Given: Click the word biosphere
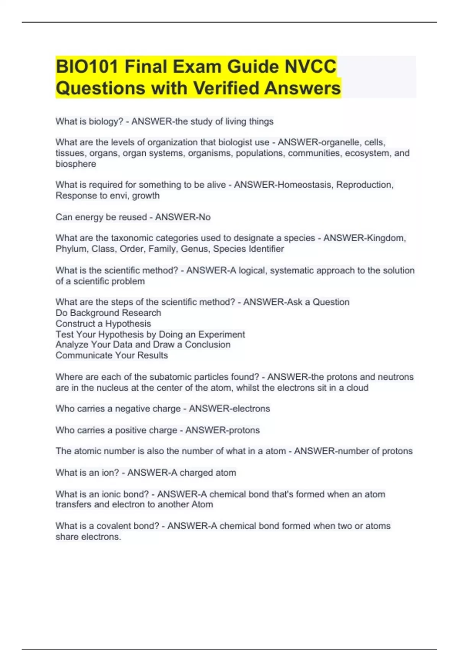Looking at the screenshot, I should pos(76,164).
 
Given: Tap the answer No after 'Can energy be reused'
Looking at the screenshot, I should pos(205,217).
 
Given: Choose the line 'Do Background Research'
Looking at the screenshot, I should pos(108,313).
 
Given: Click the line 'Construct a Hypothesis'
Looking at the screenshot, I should pos(103,323).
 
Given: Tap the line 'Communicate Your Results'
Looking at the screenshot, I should pos(112,355).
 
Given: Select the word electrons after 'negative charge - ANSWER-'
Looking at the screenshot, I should pos(250,409).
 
